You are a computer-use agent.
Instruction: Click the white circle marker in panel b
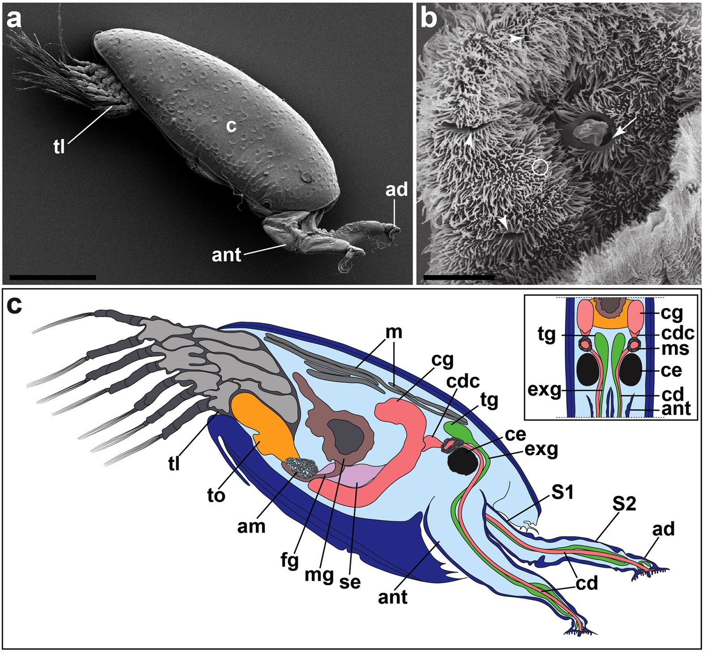tap(541, 167)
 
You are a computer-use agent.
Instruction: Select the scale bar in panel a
tap(52, 277)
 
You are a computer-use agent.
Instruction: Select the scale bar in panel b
tap(458, 277)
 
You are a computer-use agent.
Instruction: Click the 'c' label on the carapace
tap(231, 127)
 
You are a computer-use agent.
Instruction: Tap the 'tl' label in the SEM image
tap(60, 146)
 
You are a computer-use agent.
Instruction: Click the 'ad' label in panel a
tap(396, 190)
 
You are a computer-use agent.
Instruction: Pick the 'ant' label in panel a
tap(226, 255)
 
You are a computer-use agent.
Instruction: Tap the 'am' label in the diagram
tap(251, 526)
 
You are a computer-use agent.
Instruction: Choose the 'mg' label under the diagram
tap(319, 574)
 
